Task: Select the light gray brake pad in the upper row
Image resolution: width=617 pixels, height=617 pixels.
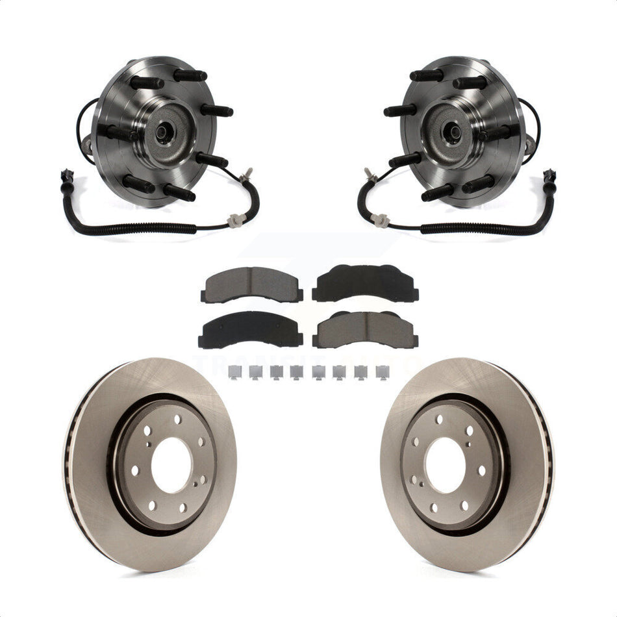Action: click(x=252, y=285)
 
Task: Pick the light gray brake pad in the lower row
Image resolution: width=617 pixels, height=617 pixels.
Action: click(x=365, y=331)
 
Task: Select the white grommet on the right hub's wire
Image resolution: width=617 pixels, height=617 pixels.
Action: click(x=382, y=221)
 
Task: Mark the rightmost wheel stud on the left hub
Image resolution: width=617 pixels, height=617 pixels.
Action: click(x=218, y=110)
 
